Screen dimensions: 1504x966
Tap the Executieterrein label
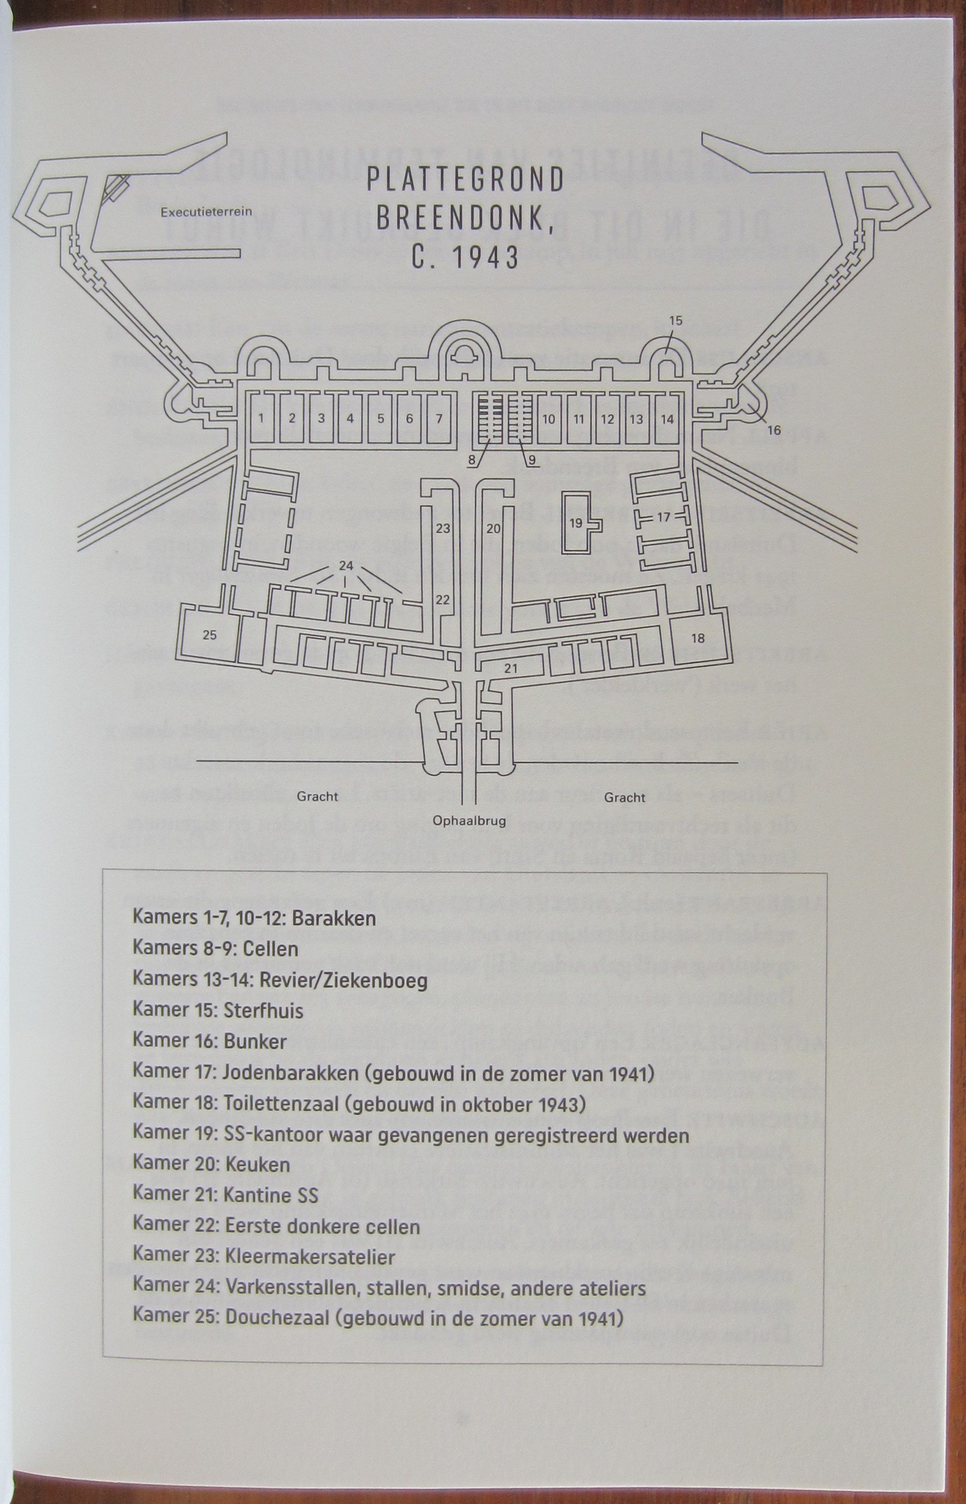pyautogui.click(x=206, y=211)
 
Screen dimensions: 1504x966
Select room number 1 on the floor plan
pyautogui.click(x=262, y=419)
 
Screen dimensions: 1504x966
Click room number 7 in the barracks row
pyautogui.click(x=439, y=419)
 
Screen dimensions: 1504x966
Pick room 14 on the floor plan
pyautogui.click(x=667, y=419)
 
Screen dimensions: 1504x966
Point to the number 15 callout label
pyautogui.click(x=675, y=321)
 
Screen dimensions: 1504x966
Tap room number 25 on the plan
pyautogui.click(x=209, y=635)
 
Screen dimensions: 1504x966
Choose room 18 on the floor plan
pyautogui.click(x=698, y=638)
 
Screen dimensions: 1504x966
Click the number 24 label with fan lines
pyautogui.click(x=346, y=566)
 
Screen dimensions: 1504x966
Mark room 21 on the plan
pyautogui.click(x=511, y=668)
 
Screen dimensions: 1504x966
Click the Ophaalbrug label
pyautogui.click(x=469, y=821)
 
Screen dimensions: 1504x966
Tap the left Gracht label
pyautogui.click(x=317, y=797)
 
